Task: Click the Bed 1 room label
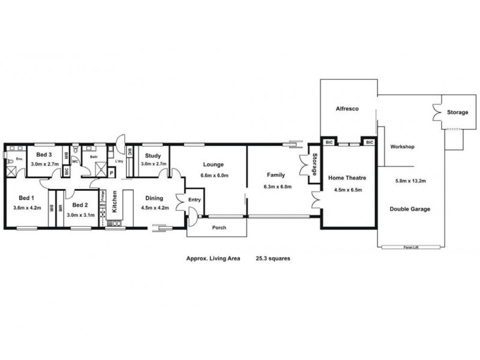(x=25, y=197)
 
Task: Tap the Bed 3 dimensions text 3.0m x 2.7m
(x=45, y=163)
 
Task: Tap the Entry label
(x=195, y=200)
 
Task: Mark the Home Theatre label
(x=346, y=178)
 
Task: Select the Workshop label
(x=403, y=147)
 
